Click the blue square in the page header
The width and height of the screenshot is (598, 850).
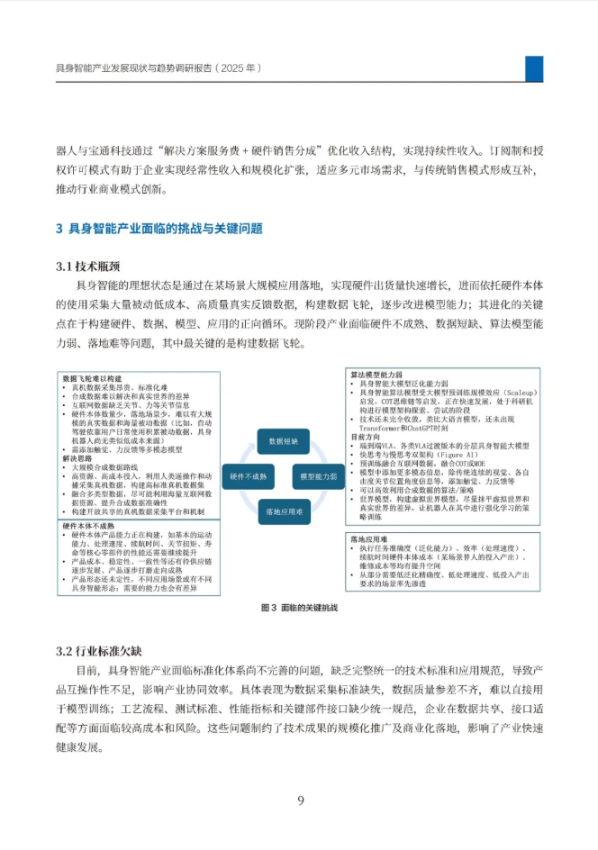534,68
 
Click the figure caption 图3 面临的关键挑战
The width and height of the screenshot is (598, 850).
298,608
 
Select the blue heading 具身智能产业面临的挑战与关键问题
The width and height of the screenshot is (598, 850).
166,229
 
